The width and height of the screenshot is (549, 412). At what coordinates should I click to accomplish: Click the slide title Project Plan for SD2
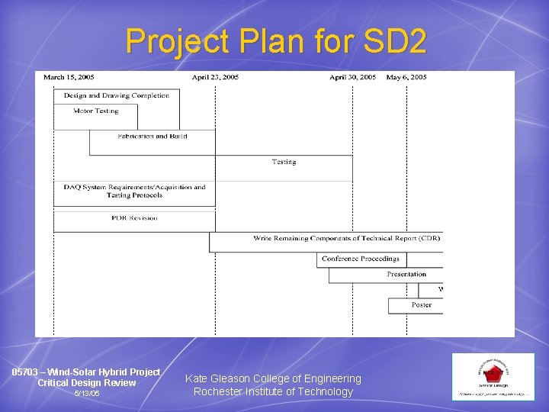(x=276, y=41)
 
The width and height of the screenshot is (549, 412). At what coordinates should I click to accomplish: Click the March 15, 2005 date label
(x=69, y=77)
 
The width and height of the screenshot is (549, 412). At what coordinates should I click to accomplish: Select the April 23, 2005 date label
(x=215, y=77)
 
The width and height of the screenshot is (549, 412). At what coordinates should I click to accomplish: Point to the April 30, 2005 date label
(x=352, y=77)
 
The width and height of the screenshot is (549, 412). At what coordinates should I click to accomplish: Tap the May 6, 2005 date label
(x=406, y=77)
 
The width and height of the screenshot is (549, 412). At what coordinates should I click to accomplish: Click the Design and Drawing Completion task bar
(x=117, y=96)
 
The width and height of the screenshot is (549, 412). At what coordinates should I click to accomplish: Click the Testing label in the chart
(x=284, y=162)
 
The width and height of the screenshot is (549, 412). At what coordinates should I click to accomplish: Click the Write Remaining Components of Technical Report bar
(x=346, y=239)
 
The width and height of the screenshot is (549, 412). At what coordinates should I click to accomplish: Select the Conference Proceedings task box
(x=360, y=259)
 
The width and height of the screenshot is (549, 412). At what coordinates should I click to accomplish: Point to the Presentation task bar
(x=406, y=275)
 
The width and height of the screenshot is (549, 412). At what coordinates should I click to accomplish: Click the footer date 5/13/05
(x=86, y=394)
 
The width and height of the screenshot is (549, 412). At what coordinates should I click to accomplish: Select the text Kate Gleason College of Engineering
(x=273, y=378)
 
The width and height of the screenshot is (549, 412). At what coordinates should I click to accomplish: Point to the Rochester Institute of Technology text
(x=273, y=392)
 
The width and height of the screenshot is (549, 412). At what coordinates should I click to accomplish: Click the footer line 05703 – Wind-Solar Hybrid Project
(x=86, y=372)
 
